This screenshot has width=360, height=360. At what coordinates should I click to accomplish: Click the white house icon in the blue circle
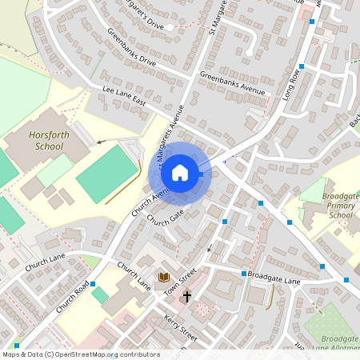click(180, 172)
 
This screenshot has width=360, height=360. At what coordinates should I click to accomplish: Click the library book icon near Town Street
click(164, 277)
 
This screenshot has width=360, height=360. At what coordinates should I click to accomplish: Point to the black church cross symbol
click(187, 297)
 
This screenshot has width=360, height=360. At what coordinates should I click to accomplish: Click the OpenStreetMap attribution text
click(81, 354)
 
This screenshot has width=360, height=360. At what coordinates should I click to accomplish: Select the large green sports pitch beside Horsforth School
click(106, 174)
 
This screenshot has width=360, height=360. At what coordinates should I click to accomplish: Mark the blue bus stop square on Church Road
click(94, 284)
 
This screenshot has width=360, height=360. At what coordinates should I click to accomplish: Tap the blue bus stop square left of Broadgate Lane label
click(243, 274)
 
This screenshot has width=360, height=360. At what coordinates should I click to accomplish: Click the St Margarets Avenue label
click(169, 136)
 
